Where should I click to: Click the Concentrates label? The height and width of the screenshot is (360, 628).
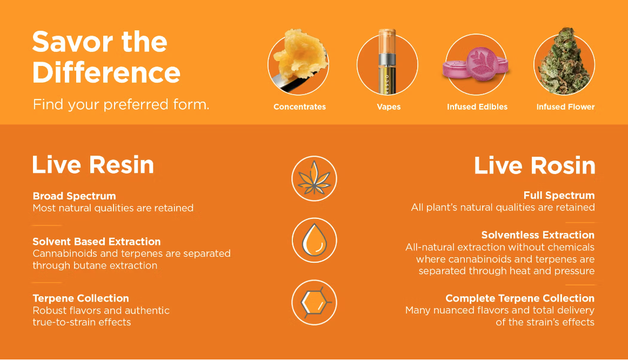point(299,107)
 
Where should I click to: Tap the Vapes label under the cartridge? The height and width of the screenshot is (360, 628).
point(389,107)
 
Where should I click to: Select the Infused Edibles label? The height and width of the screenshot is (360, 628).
point(477,107)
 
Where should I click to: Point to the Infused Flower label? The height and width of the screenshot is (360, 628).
point(565,107)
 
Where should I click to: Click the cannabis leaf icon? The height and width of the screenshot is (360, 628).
point(315,178)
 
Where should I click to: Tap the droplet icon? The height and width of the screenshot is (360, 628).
point(315,240)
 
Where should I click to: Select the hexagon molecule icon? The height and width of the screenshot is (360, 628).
point(315,302)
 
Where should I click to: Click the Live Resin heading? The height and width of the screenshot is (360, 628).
point(93,164)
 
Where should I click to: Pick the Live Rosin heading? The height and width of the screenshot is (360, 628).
point(535,165)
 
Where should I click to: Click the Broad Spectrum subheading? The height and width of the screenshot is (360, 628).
point(74,196)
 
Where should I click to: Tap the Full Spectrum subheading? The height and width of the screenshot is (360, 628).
point(559,196)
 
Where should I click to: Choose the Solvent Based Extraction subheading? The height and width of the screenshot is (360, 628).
point(97,242)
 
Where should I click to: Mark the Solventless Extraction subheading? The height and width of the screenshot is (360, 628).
point(538,235)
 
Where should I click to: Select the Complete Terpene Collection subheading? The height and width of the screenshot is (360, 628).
point(520,298)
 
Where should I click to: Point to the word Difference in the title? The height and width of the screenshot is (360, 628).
point(106,72)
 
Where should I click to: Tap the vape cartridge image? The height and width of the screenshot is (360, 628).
point(387,62)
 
